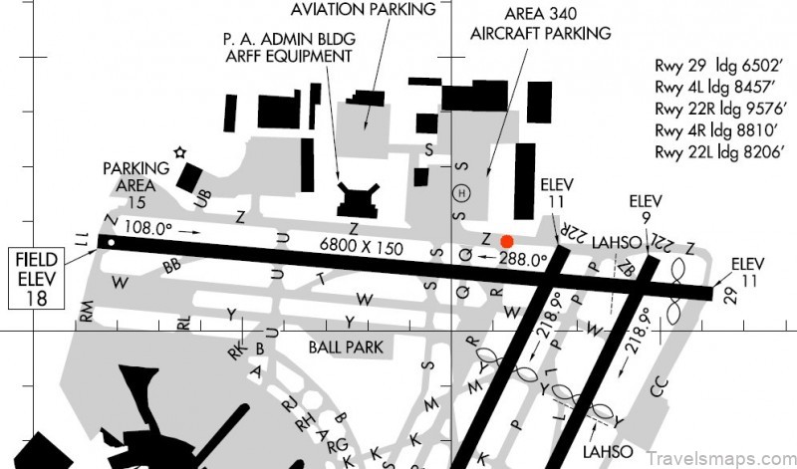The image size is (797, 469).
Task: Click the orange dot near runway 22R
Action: click(507, 241)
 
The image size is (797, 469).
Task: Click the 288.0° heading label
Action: click(523, 259)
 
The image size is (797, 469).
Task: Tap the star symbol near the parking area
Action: click(179, 152)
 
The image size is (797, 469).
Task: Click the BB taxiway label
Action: click(171, 267)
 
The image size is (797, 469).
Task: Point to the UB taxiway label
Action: click(203, 198)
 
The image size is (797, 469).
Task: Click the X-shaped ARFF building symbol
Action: click(357, 198)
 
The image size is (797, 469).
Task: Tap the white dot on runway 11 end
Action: click(113, 242)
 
